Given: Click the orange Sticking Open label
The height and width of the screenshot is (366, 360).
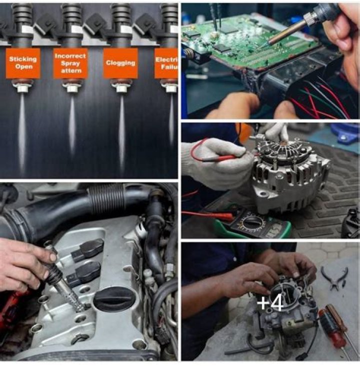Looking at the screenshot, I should coord(23,63).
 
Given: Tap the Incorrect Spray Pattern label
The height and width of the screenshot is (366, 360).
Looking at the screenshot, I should coord(70,63).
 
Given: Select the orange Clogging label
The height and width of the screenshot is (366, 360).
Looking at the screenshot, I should coord(120,63).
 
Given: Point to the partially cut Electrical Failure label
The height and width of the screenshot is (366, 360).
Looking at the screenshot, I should coord(166,63).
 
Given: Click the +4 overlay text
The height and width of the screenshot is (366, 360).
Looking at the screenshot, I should coord(270,303).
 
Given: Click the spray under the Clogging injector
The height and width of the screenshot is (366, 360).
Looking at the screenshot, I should coord(121,130).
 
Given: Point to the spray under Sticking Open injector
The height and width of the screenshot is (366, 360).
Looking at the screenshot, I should coord(22,130).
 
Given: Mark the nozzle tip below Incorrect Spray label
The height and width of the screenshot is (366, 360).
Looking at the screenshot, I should coord(71,88).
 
